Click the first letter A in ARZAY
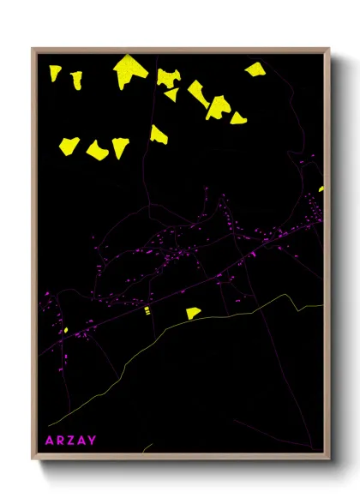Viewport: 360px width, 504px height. [49, 441]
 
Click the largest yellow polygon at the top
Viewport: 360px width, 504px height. [129, 71]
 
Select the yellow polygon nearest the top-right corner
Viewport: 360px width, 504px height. [255, 69]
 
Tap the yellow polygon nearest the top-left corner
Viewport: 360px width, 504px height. [55, 74]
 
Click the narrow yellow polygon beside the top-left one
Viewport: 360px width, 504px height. [76, 80]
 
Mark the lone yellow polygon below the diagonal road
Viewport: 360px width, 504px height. [193, 313]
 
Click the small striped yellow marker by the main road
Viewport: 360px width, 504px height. [147, 310]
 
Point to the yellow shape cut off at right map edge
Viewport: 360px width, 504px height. [321, 189]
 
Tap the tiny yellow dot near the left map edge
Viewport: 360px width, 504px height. [65, 329]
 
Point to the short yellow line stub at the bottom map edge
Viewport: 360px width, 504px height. [147, 447]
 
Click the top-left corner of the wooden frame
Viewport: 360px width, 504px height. [33, 50]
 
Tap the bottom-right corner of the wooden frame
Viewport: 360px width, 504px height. [329, 459]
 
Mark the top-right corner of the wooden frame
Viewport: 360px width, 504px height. [329, 50]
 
